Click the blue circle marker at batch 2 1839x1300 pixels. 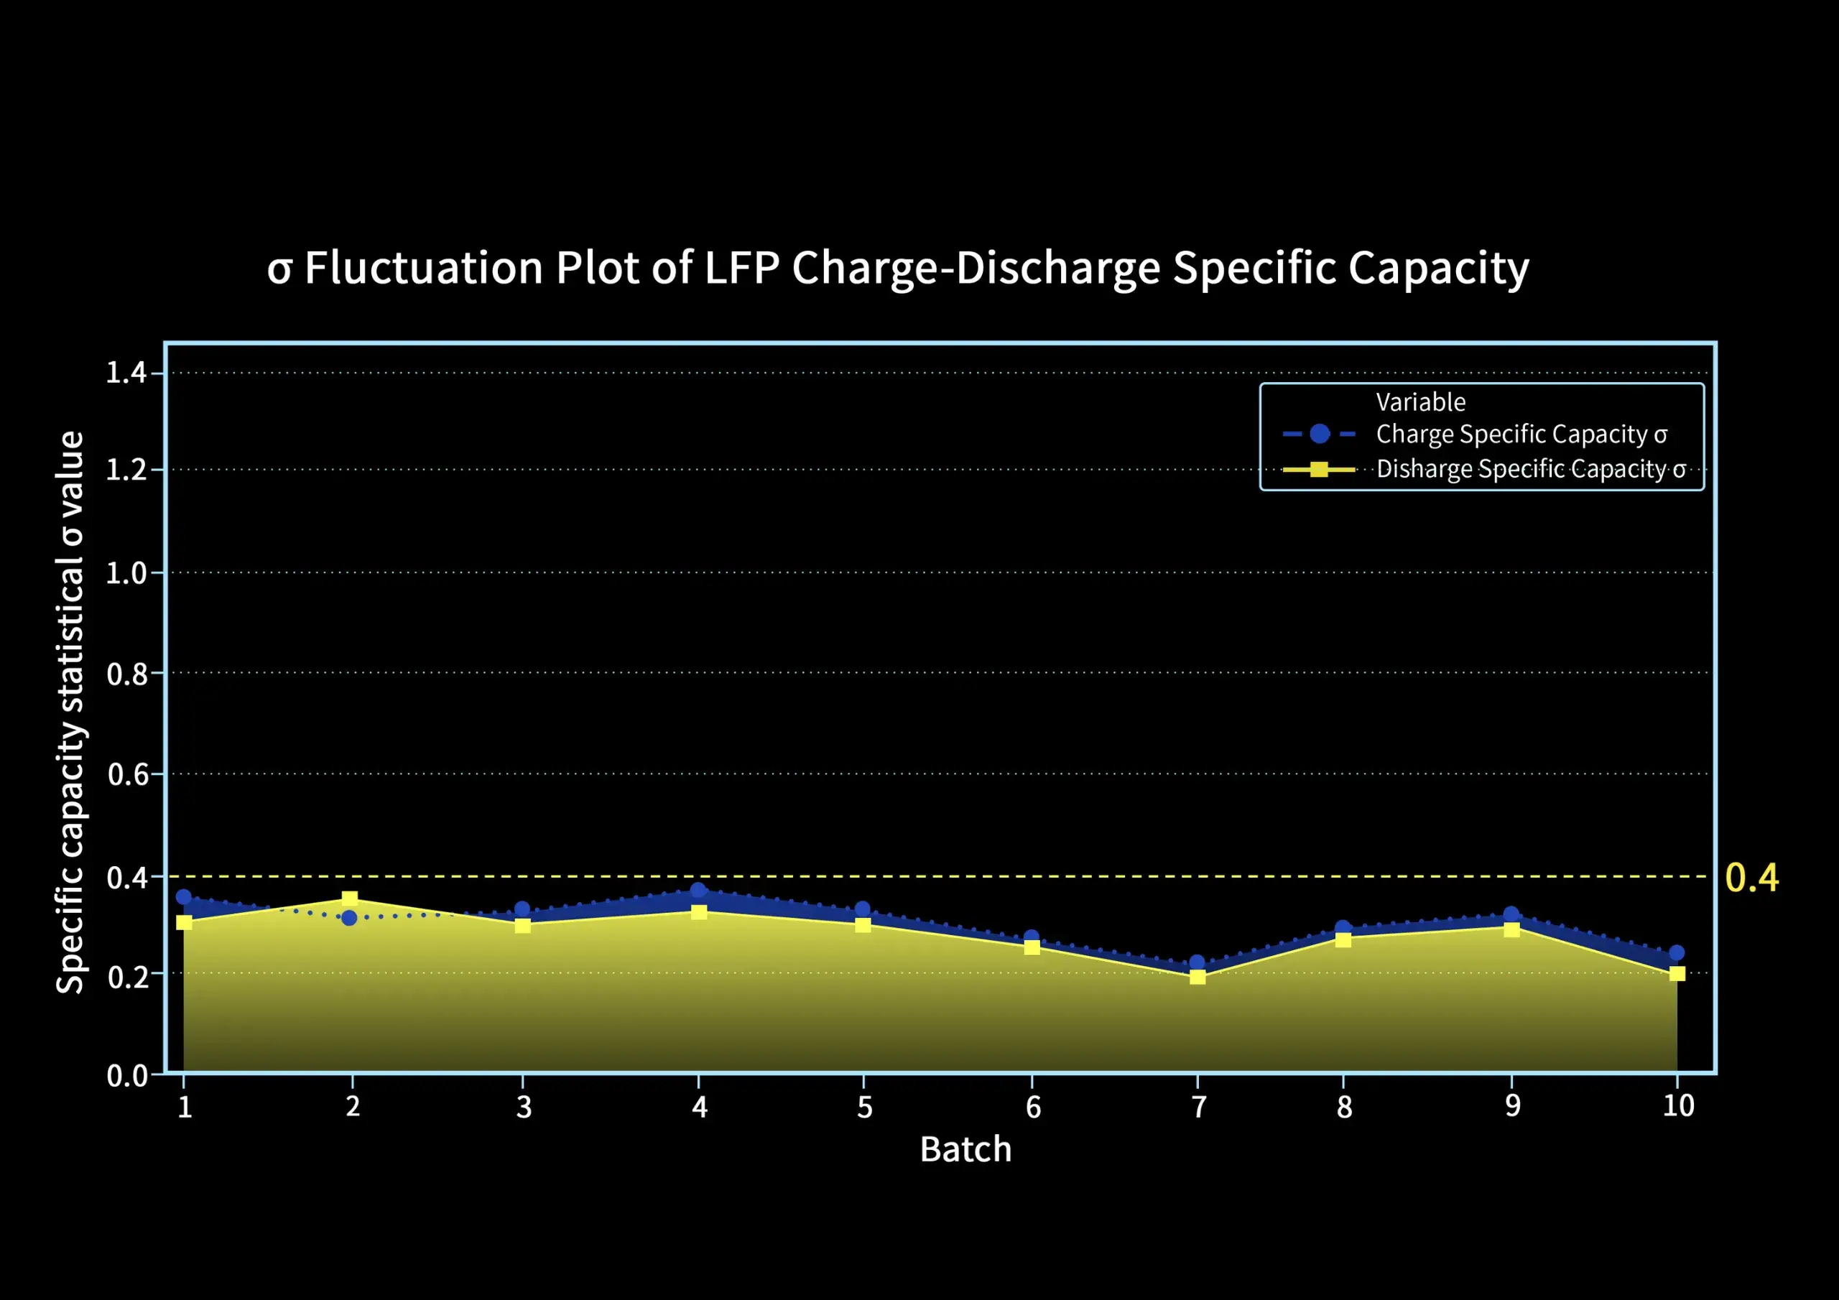tap(349, 918)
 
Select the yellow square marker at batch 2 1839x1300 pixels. tap(349, 899)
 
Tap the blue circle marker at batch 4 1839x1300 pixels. tap(698, 891)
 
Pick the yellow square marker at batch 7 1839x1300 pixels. tap(1198, 976)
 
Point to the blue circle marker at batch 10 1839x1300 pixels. tap(1677, 953)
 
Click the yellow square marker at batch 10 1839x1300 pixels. tap(1677, 974)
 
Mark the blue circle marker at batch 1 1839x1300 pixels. tap(183, 896)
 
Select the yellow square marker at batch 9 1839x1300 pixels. tap(1511, 930)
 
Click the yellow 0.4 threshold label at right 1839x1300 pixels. tap(1751, 878)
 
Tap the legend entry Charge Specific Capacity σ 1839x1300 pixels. tap(1521, 434)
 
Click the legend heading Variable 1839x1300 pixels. tap(1420, 402)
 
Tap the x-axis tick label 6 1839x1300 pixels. tap(1033, 1108)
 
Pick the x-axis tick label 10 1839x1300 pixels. tap(1678, 1106)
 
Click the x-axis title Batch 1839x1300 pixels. tap(965, 1149)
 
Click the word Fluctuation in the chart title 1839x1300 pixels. tap(424, 267)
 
